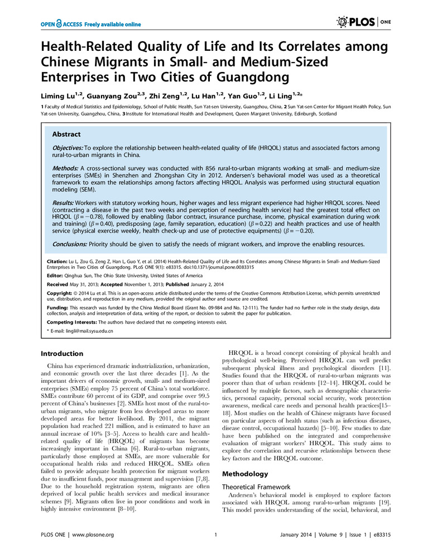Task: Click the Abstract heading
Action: click(x=66, y=134)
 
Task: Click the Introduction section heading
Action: click(x=63, y=354)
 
